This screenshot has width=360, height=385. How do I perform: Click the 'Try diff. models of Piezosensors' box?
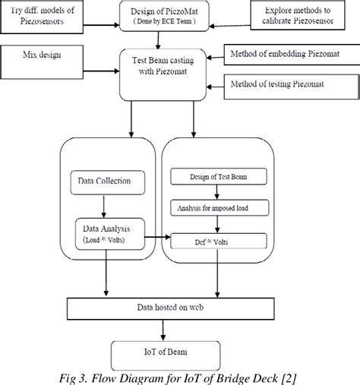coord(45,17)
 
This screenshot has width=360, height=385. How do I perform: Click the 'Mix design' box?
coord(46,56)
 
